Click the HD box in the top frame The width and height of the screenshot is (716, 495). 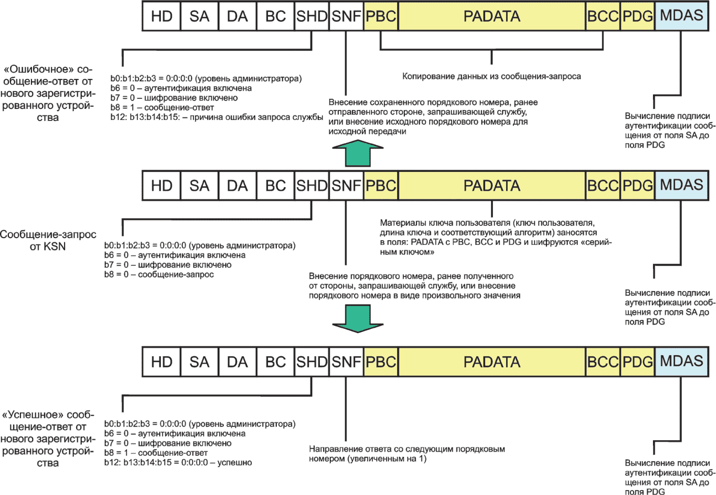click(x=161, y=16)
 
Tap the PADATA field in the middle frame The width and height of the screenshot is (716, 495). click(x=492, y=185)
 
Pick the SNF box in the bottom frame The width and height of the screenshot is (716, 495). click(x=346, y=362)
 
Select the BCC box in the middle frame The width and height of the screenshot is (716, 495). click(x=603, y=185)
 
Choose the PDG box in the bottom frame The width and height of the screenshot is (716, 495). click(x=638, y=362)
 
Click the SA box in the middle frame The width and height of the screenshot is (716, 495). click(x=199, y=185)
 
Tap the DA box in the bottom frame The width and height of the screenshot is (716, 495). click(x=238, y=362)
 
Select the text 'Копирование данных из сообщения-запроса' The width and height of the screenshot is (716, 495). click(x=491, y=76)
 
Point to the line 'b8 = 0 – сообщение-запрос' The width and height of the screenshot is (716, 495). click(x=159, y=274)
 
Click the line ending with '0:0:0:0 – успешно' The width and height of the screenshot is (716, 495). click(x=178, y=461)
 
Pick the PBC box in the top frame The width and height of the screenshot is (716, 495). click(x=381, y=16)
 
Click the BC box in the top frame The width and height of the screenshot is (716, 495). click(x=276, y=16)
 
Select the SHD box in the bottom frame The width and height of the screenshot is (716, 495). click(x=312, y=362)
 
